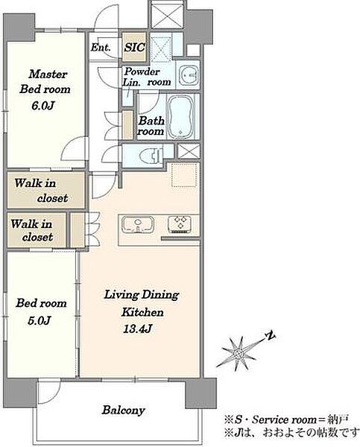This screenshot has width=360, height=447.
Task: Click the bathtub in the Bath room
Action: click(180, 116)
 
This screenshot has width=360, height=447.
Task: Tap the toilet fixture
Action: click(151, 156)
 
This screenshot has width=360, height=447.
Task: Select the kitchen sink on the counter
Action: click(138, 223)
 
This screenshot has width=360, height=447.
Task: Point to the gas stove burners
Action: click(180, 223)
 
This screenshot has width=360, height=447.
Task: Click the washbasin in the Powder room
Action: click(189, 75)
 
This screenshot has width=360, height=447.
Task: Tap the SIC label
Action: click(135, 48)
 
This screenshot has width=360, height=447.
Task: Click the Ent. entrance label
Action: click(101, 48)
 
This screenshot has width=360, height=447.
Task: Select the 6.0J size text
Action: click(42, 106)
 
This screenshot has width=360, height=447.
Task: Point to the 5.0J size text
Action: click(40, 321)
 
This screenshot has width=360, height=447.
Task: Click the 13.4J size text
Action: click(137, 329)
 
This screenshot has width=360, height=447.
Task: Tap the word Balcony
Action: click(124, 410)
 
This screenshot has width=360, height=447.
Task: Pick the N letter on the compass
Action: click(270, 337)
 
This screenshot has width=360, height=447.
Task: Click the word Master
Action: click(48, 74)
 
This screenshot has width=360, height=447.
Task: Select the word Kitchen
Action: click(142, 312)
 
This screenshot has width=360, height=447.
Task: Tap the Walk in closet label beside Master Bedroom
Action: click(41, 191)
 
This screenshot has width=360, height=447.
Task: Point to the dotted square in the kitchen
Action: click(185, 175)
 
